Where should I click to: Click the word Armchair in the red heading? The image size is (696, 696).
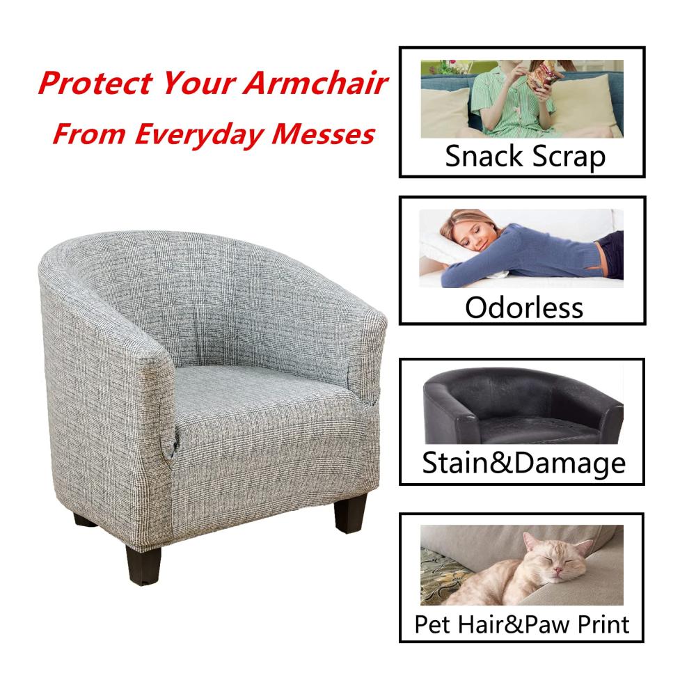(x=315, y=83)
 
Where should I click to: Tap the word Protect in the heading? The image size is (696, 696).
(x=95, y=83)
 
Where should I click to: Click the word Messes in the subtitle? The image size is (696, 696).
(x=323, y=134)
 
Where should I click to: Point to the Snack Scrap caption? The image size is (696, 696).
(x=525, y=157)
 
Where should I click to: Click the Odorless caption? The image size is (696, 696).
(x=524, y=308)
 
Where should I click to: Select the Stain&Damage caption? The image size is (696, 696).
(x=524, y=464)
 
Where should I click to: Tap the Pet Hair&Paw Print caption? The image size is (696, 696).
(x=522, y=624)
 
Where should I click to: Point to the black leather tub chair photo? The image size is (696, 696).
(x=523, y=406)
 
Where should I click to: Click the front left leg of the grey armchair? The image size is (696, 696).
(x=143, y=564)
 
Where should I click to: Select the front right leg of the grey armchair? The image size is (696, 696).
(x=351, y=513)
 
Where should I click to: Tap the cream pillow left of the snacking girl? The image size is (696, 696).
(x=445, y=113)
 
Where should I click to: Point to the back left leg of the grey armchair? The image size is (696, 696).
(x=84, y=519)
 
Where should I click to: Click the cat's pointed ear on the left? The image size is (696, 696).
(x=530, y=541)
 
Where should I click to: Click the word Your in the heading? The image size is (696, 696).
(x=198, y=83)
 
